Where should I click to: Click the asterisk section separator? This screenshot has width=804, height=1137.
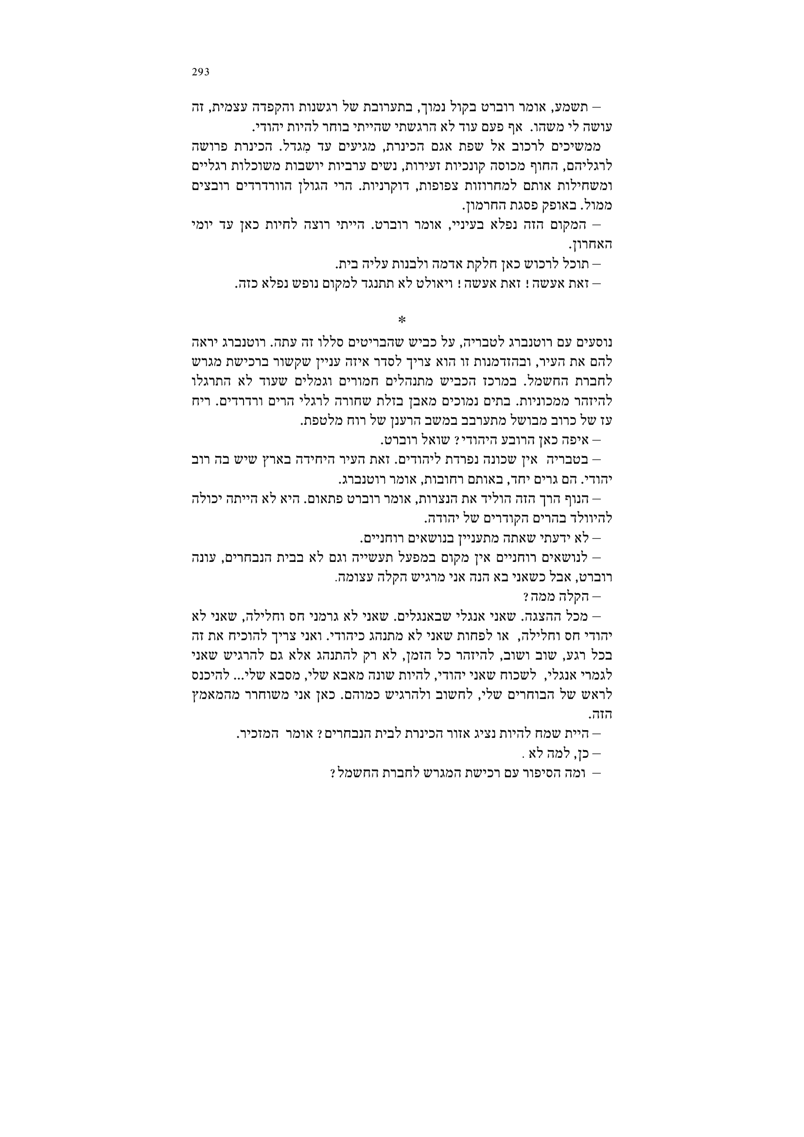[402, 320]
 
